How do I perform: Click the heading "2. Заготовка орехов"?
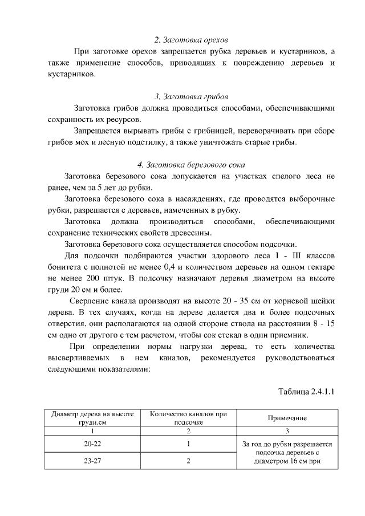[191, 40]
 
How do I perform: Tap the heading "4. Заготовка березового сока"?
[191, 165]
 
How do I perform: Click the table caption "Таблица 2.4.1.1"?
[306, 392]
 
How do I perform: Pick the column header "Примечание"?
[287, 418]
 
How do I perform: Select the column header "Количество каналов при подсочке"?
[188, 418]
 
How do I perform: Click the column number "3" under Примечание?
[287, 431]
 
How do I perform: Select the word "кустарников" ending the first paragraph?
[67, 74]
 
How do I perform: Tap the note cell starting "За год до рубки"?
[287, 452]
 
